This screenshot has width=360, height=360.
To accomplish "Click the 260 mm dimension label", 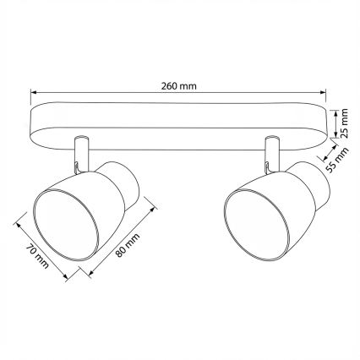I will pyautogui.click(x=180, y=85).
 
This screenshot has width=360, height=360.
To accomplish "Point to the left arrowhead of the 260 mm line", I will pyautogui.click(x=31, y=93).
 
